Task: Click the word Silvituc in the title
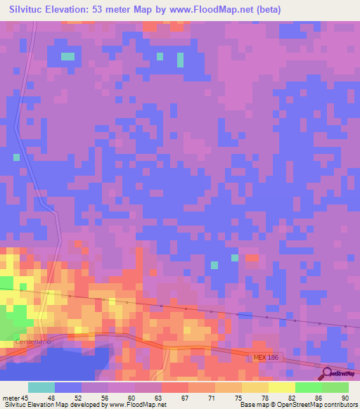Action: coord(32,11)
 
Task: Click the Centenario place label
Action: coord(32,342)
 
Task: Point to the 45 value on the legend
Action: coord(25,398)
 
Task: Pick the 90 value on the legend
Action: coord(344,398)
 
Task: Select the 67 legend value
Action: coord(184,398)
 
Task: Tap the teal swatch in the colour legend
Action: coord(41,387)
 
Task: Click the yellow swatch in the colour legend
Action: coord(281,387)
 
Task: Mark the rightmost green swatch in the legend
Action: coord(335,387)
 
